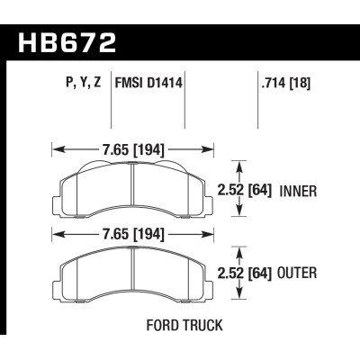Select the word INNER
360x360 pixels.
click(x=301, y=191)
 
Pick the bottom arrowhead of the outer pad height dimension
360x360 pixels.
click(x=238, y=297)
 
